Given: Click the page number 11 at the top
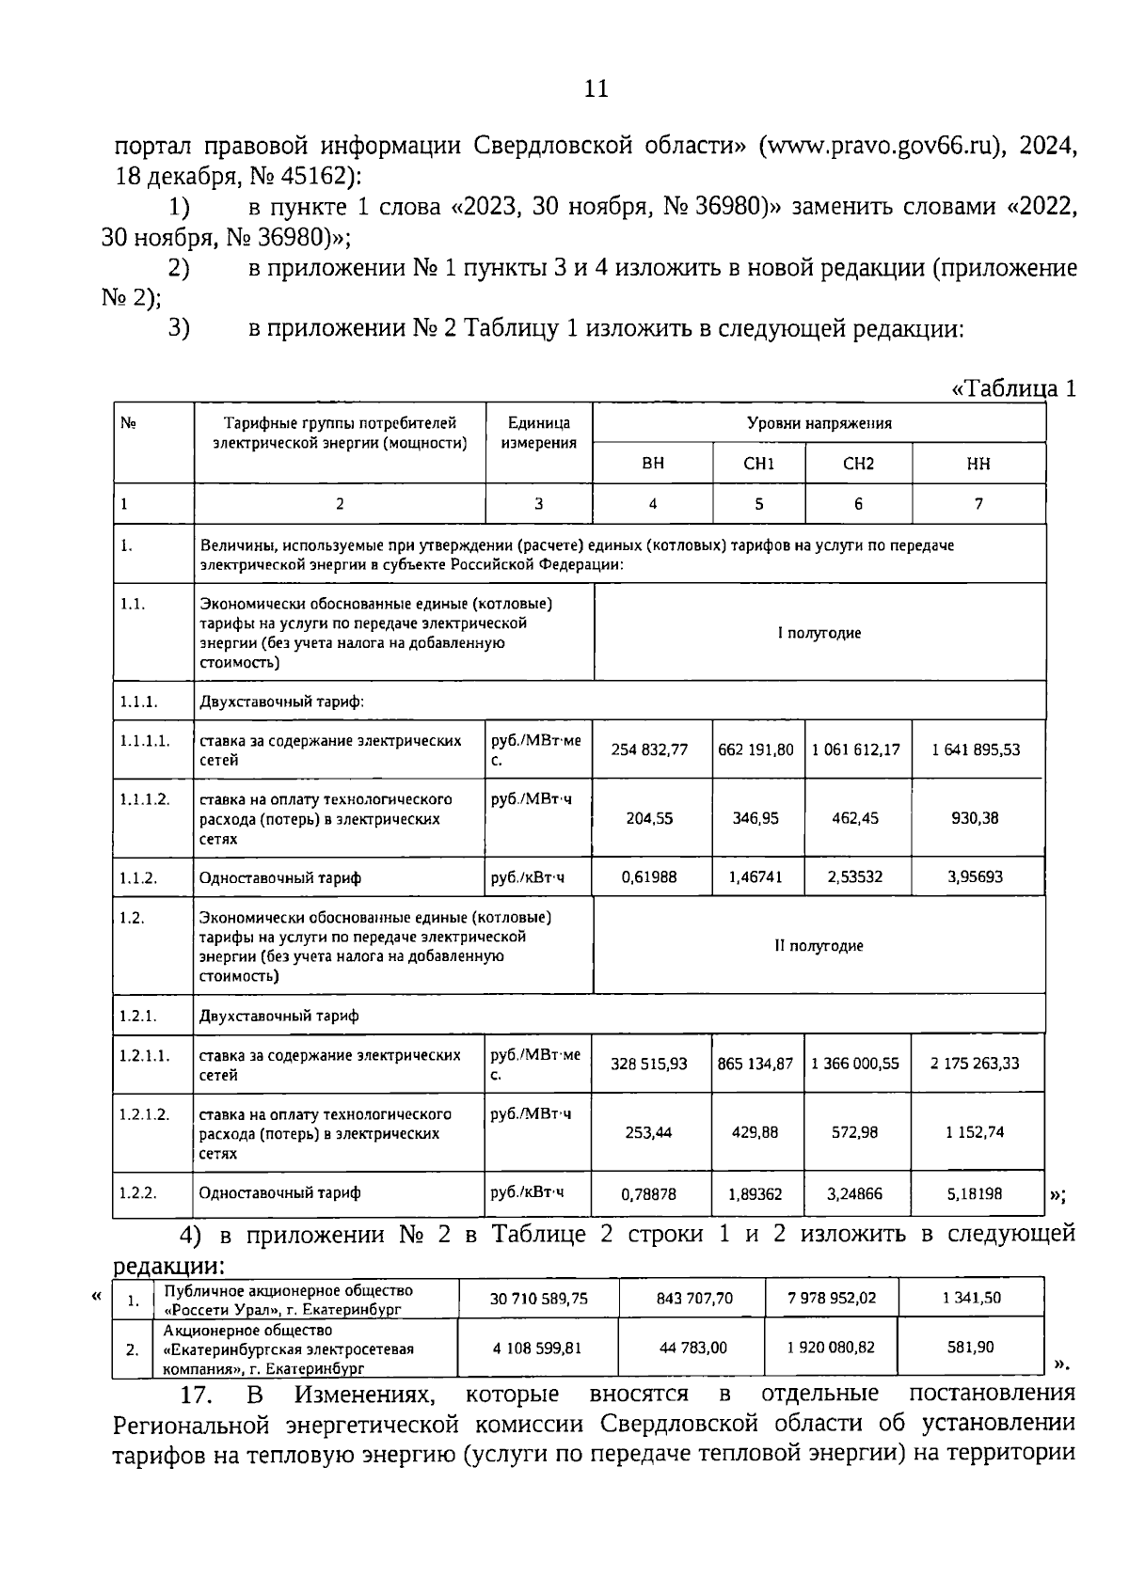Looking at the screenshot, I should pos(596,89).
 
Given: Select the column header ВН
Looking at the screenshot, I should pos(652,464).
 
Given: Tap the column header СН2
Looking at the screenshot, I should pos(858,464).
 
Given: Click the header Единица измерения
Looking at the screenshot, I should pos(538,433).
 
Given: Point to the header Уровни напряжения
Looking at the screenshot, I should pos(819,423).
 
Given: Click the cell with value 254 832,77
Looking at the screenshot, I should pos(649,749).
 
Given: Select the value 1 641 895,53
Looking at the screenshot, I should pos(976,749).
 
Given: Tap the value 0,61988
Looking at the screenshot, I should pos(649,876).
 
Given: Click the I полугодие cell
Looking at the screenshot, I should pos(819,633).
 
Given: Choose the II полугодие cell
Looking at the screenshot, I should pos(819,946).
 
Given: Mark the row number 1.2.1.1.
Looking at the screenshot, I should pos(144,1055).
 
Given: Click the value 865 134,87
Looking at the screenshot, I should pos(755,1064).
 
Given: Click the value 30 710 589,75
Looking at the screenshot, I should pos(538,1298).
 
